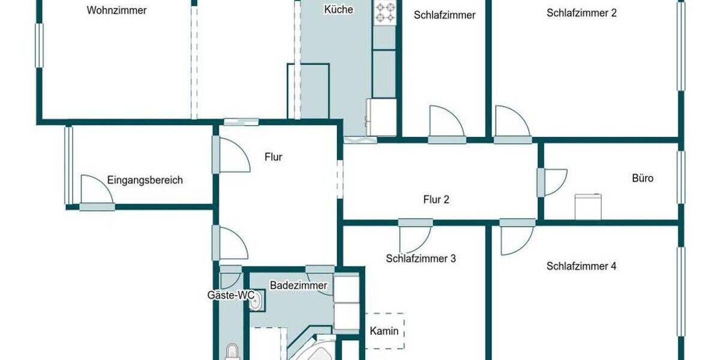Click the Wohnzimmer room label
pos(116,10)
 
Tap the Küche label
pos(338,10)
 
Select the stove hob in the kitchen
pos(385,13)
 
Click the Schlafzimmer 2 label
pos(581,13)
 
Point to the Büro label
pos(643,178)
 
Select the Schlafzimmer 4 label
pos(581,266)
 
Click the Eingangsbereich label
pos(145,180)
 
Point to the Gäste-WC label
pos(231,295)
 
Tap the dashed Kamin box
pos(384,330)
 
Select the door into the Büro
pos(552,182)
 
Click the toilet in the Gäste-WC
pos(232,351)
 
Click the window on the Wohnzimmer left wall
pos(40,45)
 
